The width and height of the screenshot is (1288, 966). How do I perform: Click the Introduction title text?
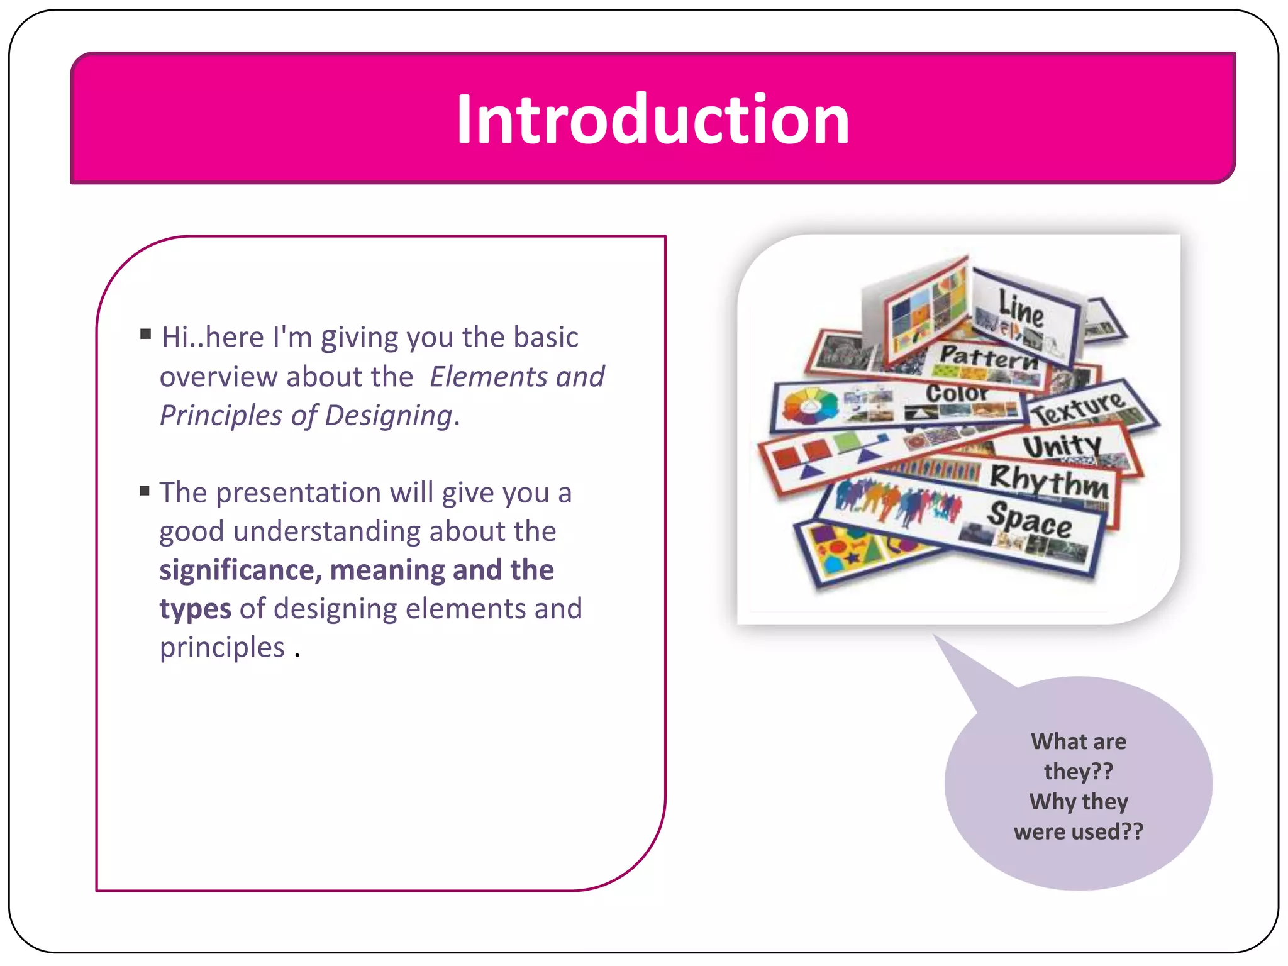(653, 119)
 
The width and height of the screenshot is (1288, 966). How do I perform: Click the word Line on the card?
(1021, 309)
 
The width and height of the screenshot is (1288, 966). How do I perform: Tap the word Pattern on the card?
(988, 357)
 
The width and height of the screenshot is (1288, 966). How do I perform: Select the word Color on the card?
(957, 394)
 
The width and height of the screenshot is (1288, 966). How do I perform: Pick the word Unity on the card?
(1062, 447)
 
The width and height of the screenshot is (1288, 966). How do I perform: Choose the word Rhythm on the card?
(1049, 482)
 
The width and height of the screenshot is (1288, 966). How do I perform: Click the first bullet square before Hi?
(146, 334)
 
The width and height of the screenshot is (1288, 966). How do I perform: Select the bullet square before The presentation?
(145, 491)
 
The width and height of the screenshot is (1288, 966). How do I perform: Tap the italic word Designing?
(389, 416)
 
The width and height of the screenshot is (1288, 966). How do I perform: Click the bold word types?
(195, 609)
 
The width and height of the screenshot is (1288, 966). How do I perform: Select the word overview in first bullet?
(218, 377)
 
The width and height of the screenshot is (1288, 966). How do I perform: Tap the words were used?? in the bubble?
(1078, 831)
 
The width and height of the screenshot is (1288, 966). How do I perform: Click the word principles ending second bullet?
(222, 648)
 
